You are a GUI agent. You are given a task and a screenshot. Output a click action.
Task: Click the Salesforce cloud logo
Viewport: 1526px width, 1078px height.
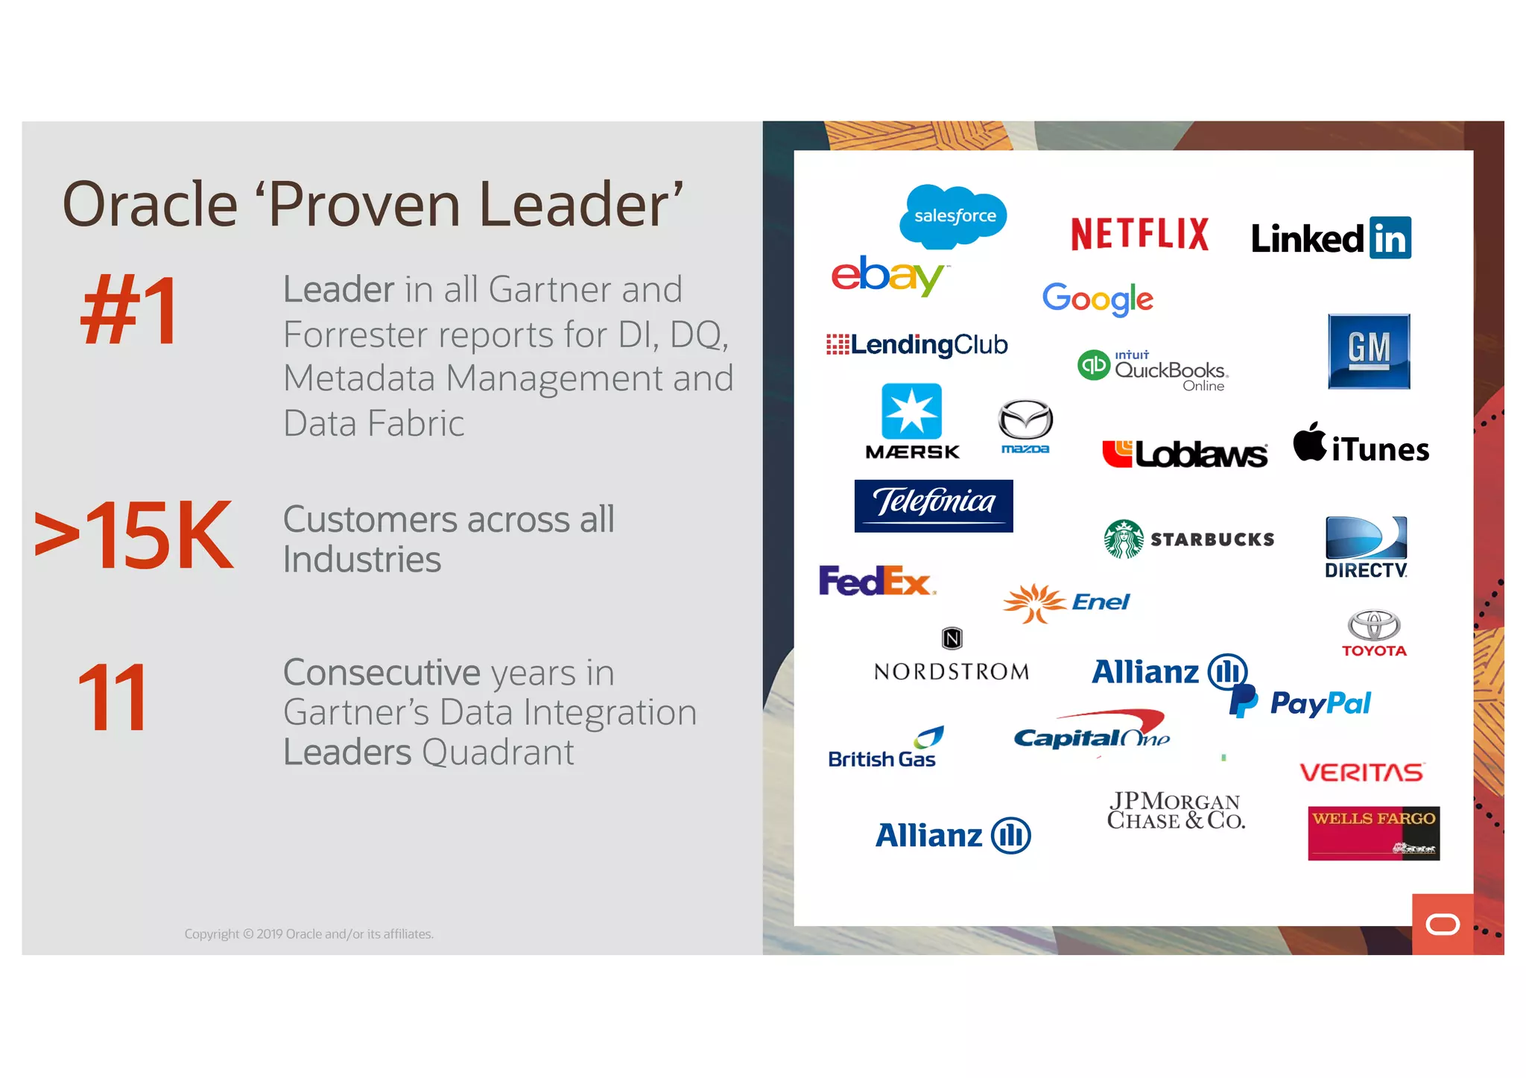point(953,216)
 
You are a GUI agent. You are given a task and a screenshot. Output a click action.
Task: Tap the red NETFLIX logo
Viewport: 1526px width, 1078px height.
point(1139,234)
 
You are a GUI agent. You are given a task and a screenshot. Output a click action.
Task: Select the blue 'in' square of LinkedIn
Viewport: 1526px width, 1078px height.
point(1390,238)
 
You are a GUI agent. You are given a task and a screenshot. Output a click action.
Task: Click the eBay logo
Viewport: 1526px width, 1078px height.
point(887,276)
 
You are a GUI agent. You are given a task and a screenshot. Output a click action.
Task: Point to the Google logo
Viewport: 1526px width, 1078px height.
point(1098,299)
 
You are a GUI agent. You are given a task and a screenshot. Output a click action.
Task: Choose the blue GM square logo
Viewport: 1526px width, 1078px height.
point(1369,351)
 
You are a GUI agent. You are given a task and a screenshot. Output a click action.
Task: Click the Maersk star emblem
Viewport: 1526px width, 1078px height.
point(911,411)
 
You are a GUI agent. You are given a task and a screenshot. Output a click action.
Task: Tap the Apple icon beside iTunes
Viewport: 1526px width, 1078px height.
point(1309,443)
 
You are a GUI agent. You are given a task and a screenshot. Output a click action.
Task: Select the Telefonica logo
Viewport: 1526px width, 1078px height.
point(934,505)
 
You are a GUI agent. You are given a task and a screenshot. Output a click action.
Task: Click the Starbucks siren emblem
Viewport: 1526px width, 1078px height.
point(1124,539)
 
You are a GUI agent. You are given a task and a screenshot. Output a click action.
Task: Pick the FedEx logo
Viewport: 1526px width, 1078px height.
point(876,580)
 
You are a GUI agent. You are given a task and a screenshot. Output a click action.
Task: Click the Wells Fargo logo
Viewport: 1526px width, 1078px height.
point(1373,833)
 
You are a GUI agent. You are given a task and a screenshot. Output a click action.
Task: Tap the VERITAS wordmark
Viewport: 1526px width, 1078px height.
point(1362,772)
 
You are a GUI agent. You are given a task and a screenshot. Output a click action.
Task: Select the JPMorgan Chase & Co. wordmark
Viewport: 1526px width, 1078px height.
point(1175,811)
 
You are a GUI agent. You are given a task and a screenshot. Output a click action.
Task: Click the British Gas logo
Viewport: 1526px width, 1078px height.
point(884,749)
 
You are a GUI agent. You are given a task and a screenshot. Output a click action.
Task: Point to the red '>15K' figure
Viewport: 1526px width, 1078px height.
point(134,535)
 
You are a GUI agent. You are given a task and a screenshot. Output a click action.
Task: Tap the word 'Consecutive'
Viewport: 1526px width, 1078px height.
point(381,673)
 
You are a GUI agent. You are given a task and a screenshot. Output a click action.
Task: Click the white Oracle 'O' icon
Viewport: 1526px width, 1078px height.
point(1443,925)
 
